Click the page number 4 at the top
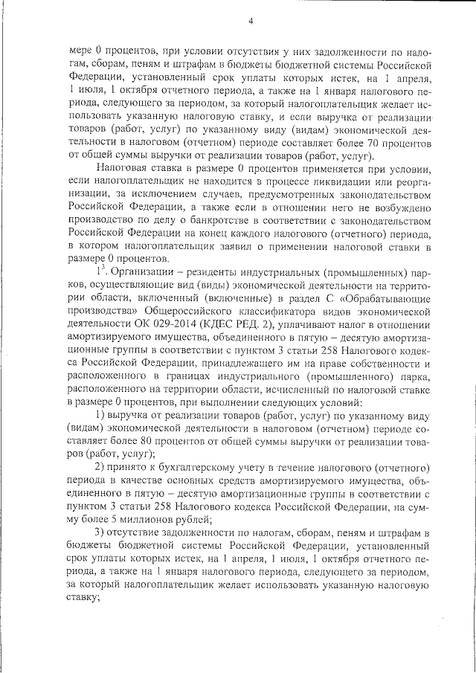coord(251,21)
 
